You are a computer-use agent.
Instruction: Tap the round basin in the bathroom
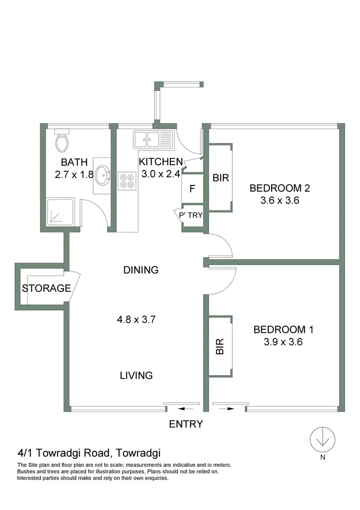(102, 175)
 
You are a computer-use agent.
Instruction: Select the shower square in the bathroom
(60, 212)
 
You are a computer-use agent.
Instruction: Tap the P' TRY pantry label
(191, 215)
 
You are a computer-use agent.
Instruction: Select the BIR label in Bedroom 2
(221, 178)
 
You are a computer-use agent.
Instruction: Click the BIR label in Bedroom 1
(220, 346)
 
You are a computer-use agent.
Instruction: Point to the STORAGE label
(47, 289)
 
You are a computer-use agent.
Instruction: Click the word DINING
(141, 270)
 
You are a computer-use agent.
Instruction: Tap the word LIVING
(136, 376)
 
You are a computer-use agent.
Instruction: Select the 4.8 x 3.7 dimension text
(137, 318)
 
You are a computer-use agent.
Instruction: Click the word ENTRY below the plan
(186, 424)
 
